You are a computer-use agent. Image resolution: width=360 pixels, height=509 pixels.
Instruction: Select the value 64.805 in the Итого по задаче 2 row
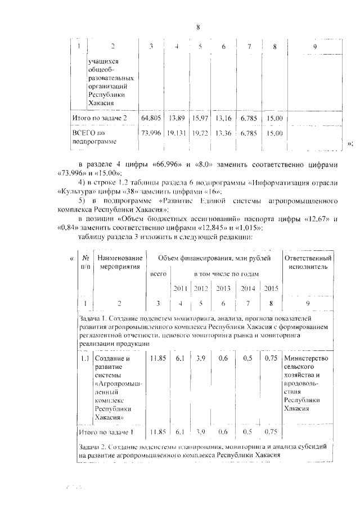tap(152, 119)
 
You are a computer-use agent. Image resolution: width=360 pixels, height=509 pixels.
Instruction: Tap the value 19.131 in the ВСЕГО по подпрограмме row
tap(177, 133)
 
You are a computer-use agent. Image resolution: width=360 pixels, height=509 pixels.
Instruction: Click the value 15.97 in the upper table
tap(200, 119)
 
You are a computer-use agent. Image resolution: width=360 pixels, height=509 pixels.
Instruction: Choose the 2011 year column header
tap(181, 289)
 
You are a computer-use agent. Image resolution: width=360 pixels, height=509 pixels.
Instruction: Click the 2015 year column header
tap(271, 289)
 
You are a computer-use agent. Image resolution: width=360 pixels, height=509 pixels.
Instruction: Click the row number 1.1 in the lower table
tap(84, 358)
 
